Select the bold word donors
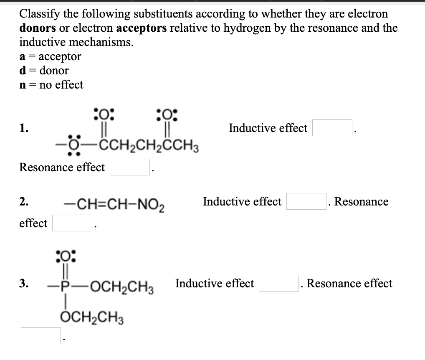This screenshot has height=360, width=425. [x=37, y=28]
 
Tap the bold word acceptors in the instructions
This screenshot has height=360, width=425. [x=136, y=28]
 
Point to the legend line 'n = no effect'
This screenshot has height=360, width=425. [x=51, y=85]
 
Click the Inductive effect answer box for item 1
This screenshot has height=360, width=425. [x=332, y=128]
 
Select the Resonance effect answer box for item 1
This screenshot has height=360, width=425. [x=129, y=167]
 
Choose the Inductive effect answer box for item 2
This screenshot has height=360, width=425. [x=306, y=202]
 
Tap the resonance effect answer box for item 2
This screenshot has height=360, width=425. [x=72, y=223]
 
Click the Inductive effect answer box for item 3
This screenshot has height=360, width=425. [x=278, y=284]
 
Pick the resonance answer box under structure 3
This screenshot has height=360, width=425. [x=41, y=336]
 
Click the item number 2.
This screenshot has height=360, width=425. [x=24, y=202]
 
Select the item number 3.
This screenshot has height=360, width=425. [x=24, y=284]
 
